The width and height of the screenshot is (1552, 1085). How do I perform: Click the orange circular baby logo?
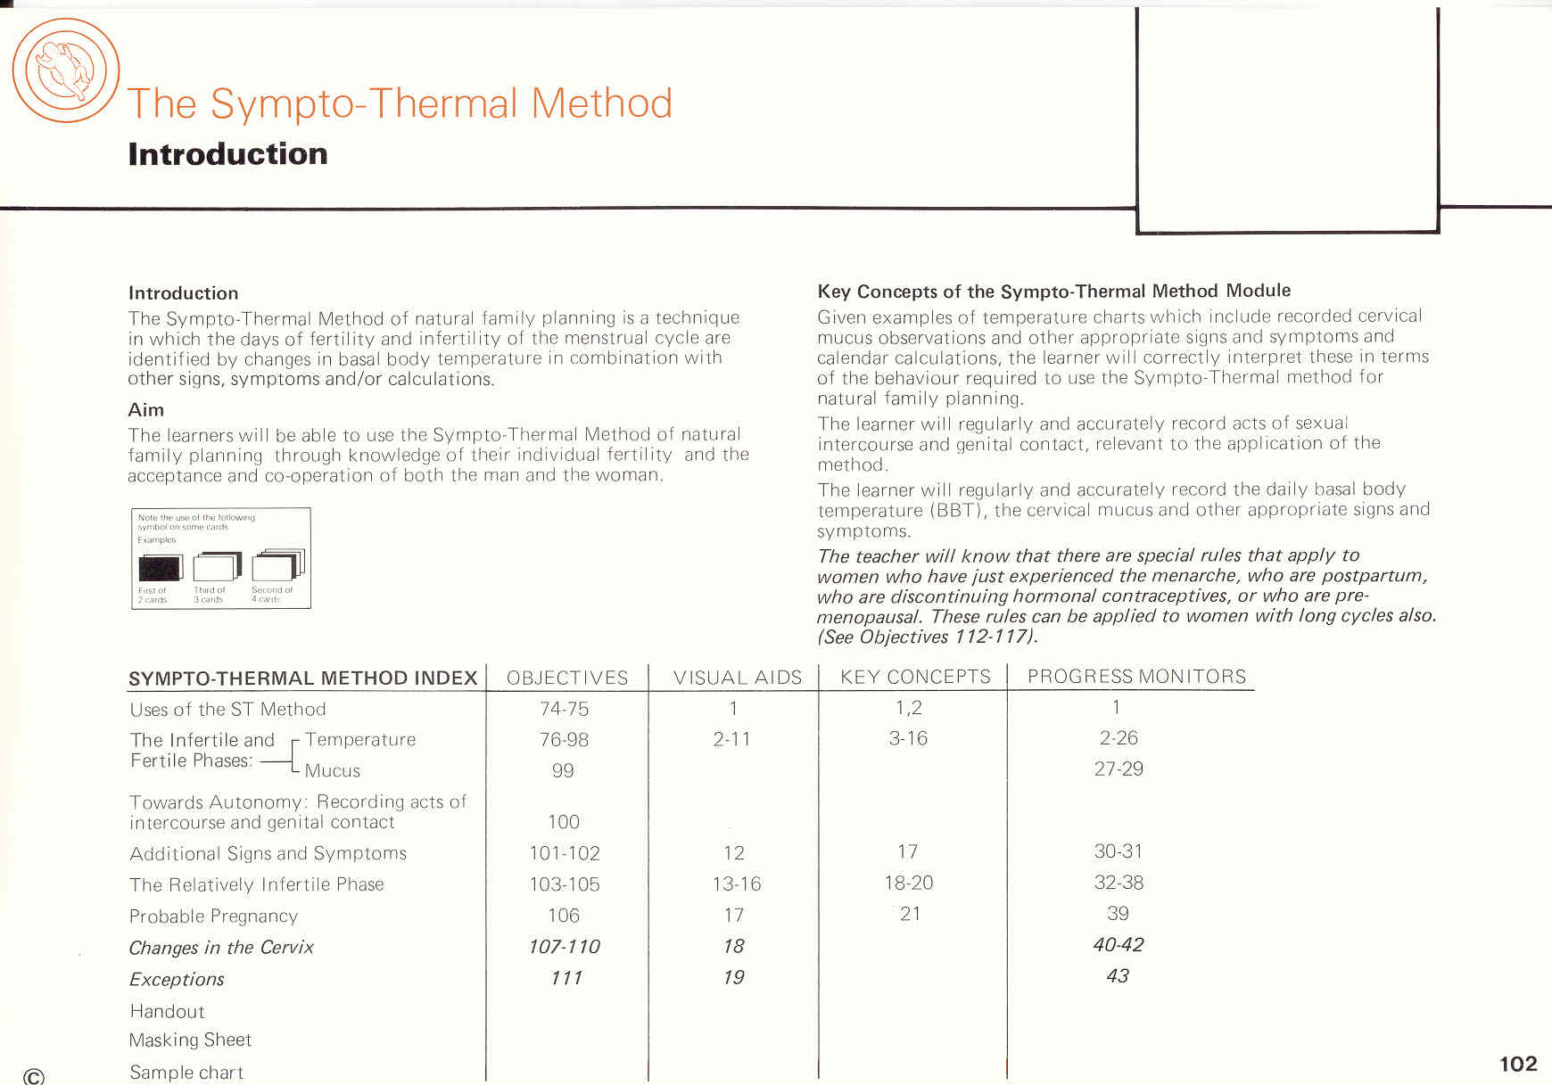click(x=65, y=70)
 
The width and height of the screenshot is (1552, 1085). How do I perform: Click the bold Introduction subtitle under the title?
click(x=227, y=154)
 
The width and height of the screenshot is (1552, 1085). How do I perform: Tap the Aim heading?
click(x=146, y=410)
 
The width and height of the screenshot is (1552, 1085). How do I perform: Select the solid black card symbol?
click(x=160, y=568)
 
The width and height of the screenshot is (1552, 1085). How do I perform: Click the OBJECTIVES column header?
click(x=567, y=678)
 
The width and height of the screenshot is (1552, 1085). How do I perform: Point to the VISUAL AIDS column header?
click(x=738, y=678)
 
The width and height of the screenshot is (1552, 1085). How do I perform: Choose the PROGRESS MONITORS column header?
click(x=1136, y=677)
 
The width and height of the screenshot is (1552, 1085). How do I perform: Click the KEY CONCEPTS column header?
click(x=915, y=677)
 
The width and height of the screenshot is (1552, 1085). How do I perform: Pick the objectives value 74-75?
click(x=564, y=709)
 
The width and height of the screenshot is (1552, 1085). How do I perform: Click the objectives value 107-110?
click(x=564, y=947)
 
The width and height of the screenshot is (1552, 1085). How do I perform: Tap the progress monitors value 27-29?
click(x=1119, y=769)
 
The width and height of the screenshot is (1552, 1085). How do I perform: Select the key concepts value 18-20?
click(x=908, y=883)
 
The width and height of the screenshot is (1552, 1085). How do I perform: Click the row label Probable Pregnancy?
click(x=213, y=916)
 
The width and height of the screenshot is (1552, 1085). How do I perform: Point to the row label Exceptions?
click(x=177, y=979)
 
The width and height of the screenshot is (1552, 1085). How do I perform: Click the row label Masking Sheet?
click(x=190, y=1040)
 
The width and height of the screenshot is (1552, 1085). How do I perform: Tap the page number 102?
click(x=1518, y=1064)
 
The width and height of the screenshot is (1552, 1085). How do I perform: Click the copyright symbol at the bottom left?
click(x=34, y=1076)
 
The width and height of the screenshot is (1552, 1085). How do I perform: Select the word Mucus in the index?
click(x=333, y=771)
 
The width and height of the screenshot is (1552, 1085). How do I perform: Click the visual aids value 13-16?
click(x=736, y=884)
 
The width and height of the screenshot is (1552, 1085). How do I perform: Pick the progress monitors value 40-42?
click(x=1119, y=945)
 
